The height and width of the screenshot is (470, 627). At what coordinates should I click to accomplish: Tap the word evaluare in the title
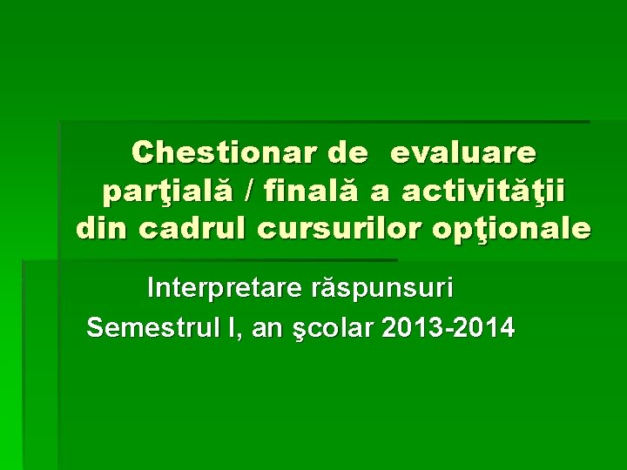(x=464, y=152)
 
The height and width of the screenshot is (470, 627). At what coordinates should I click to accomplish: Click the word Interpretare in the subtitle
(x=220, y=286)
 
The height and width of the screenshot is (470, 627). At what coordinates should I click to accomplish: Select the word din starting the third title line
(x=101, y=228)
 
